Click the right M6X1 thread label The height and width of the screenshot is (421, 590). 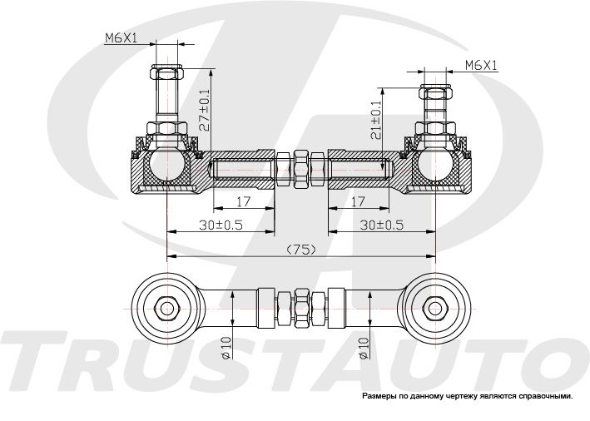pyautogui.click(x=481, y=66)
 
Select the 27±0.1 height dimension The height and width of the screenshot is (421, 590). pyautogui.click(x=205, y=110)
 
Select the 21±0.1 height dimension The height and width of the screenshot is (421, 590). pyautogui.click(x=376, y=120)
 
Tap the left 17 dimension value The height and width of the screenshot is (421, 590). pyautogui.click(x=244, y=201)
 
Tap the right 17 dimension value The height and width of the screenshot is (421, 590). pyautogui.click(x=358, y=201)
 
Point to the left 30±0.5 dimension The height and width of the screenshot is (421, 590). pyautogui.click(x=221, y=225)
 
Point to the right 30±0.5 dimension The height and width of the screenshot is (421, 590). pyautogui.click(x=381, y=225)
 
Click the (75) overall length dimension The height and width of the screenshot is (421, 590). pyautogui.click(x=300, y=249)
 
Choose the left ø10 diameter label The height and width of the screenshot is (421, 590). pyautogui.click(x=226, y=348)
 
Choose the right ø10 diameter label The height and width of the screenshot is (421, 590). pyautogui.click(x=363, y=348)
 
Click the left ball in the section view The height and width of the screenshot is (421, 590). pyautogui.click(x=166, y=164)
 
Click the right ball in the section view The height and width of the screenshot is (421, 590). pyautogui.click(x=435, y=164)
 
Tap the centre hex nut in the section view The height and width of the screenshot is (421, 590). pyautogui.click(x=300, y=169)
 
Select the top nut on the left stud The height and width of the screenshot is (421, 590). pyautogui.click(x=166, y=72)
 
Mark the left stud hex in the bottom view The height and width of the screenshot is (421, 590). pyautogui.click(x=166, y=309)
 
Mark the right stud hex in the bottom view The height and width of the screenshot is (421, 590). pyautogui.click(x=435, y=309)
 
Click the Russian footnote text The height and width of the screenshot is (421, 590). pyautogui.click(x=467, y=396)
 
